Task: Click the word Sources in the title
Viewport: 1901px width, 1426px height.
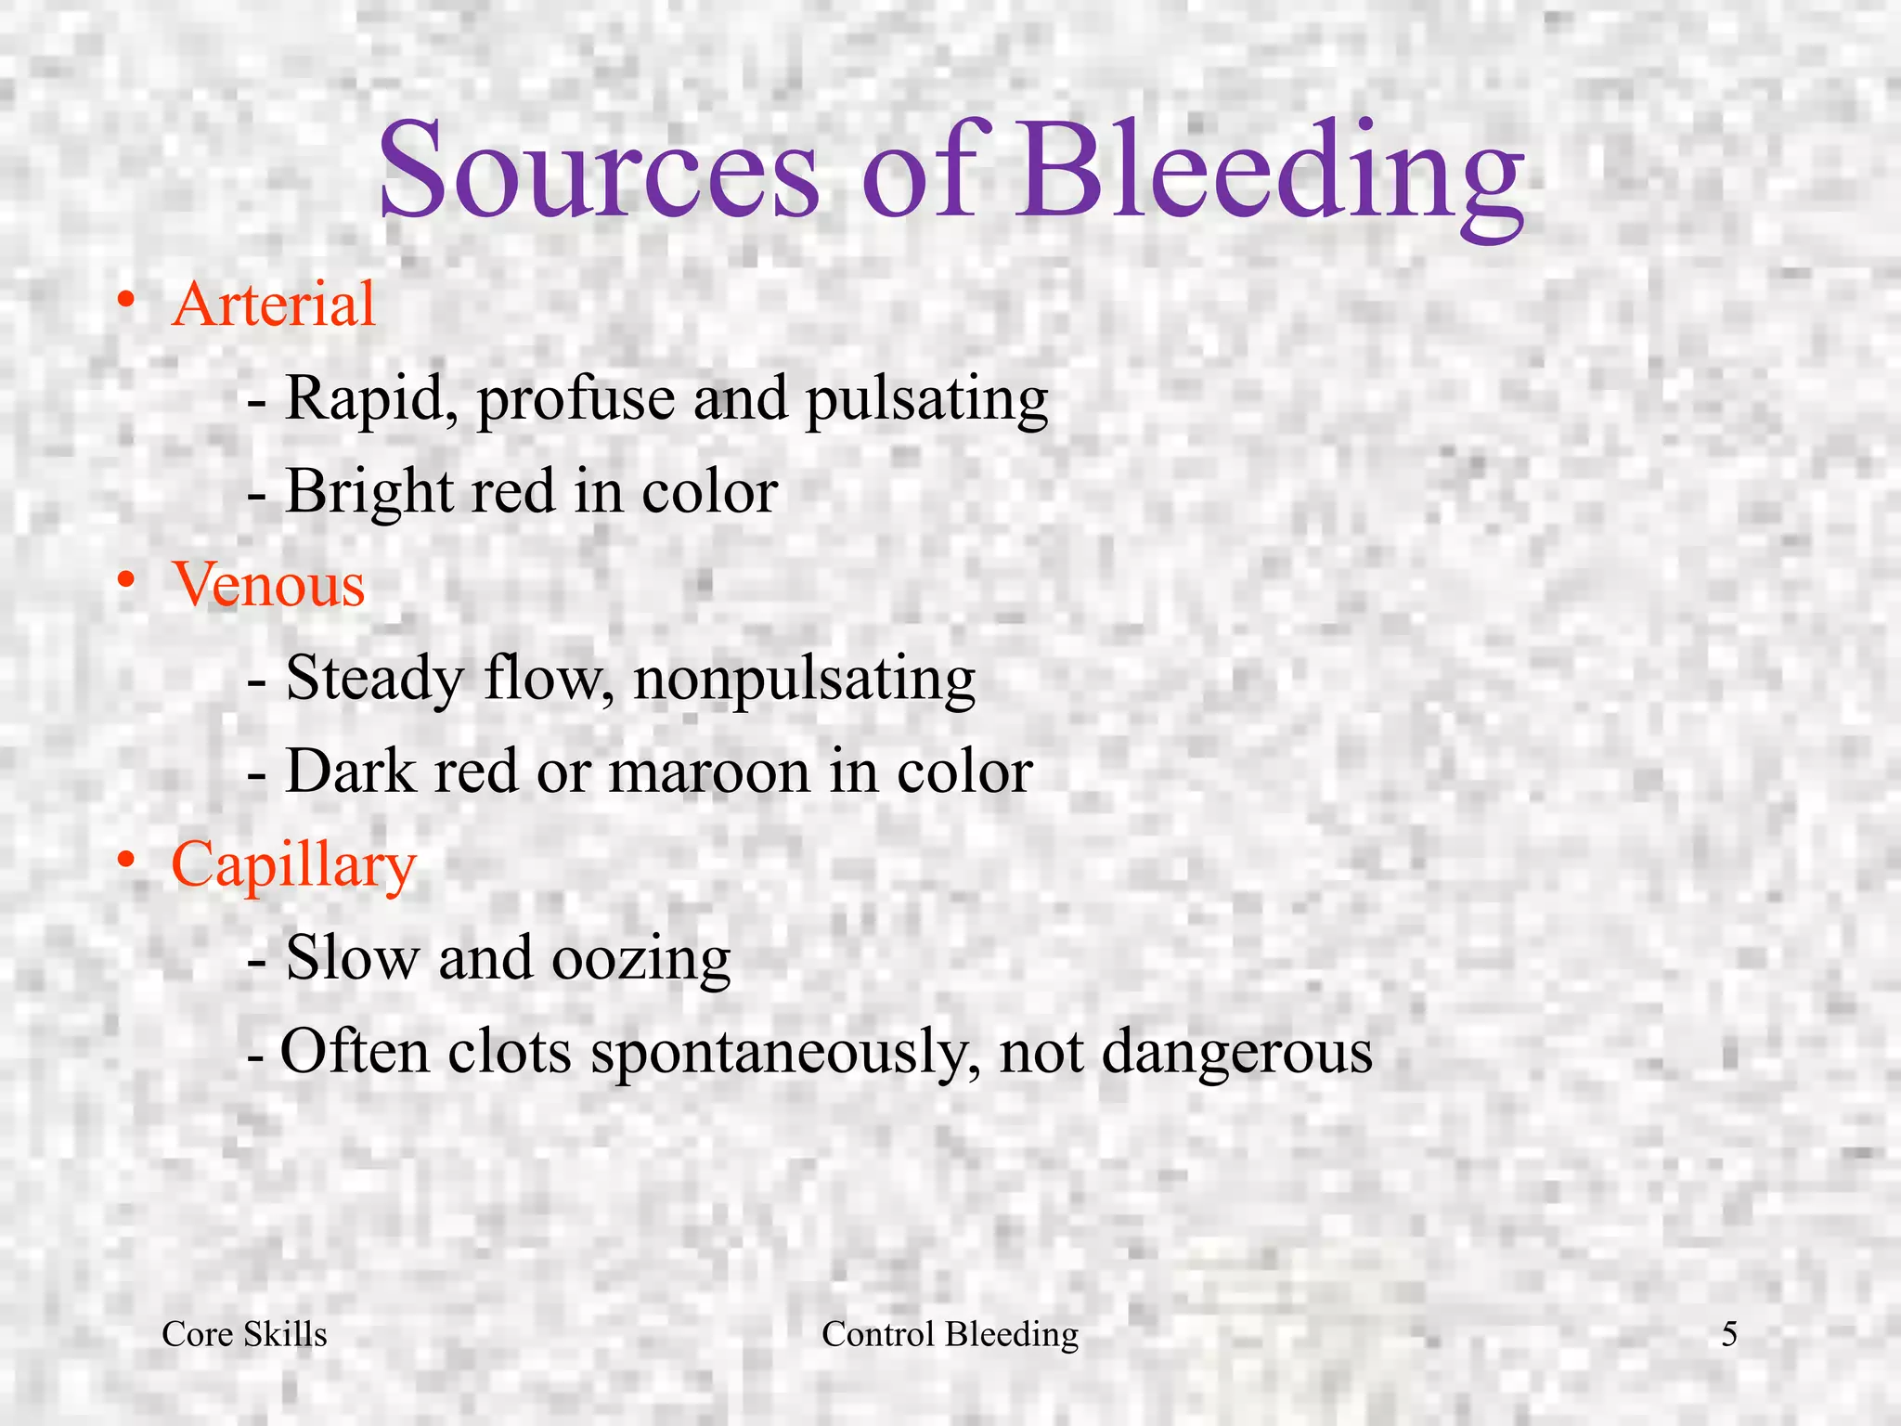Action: tap(599, 172)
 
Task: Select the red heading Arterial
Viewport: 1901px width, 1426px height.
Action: tap(274, 304)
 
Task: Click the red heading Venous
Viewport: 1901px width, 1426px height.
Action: tap(268, 584)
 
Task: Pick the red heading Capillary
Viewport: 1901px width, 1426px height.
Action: tap(293, 865)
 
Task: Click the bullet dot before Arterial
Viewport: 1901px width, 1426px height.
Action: tap(127, 301)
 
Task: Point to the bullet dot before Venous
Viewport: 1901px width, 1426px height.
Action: tap(127, 581)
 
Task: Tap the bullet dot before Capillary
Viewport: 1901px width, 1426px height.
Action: tap(127, 862)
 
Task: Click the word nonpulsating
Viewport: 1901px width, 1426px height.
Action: tap(804, 680)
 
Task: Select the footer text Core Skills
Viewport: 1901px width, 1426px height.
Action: tap(244, 1334)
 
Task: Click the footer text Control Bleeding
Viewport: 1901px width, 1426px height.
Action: tap(950, 1334)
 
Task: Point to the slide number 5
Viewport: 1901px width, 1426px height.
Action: tap(1729, 1334)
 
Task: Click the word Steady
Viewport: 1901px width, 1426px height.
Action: tap(375, 680)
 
